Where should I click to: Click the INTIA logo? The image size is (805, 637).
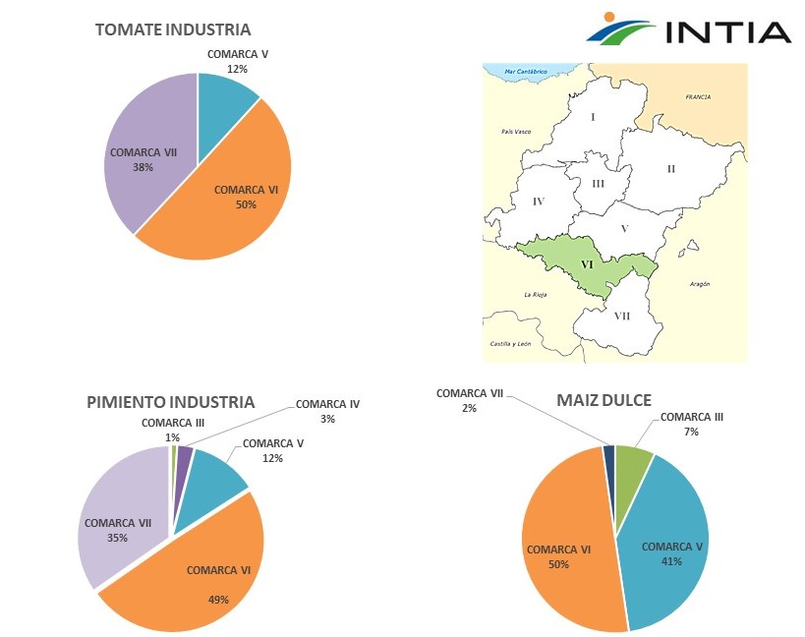688,29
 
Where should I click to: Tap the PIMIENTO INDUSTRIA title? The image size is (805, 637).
170,402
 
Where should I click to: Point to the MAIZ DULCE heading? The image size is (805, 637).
604,401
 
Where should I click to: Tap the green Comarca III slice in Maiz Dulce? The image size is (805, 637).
634,466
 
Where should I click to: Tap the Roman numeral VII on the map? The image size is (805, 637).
622,316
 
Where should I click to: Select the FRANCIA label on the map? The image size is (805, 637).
698,97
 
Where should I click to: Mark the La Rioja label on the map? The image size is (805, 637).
535,294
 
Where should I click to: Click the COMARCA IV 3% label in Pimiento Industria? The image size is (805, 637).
327,411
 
